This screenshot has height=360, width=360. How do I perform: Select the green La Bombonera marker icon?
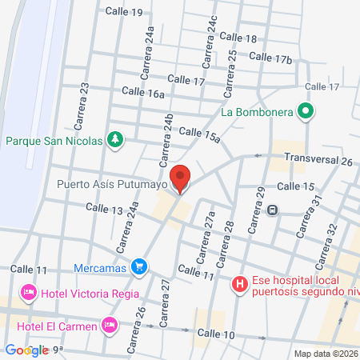304,112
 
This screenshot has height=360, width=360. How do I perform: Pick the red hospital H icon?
238,283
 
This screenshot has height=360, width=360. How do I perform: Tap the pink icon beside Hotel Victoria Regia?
29,294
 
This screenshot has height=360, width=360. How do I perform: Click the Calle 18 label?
238,38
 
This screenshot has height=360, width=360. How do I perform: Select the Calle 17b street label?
270,58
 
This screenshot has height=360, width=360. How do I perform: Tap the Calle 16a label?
144,94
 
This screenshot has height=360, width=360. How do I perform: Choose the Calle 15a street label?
199,134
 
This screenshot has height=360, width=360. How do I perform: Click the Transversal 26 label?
318,161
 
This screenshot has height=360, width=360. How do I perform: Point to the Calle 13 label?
105,210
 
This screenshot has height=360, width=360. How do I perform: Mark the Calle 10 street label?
215,334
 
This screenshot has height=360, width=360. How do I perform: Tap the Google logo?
26,350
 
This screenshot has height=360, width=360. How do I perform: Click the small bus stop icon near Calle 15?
273,210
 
